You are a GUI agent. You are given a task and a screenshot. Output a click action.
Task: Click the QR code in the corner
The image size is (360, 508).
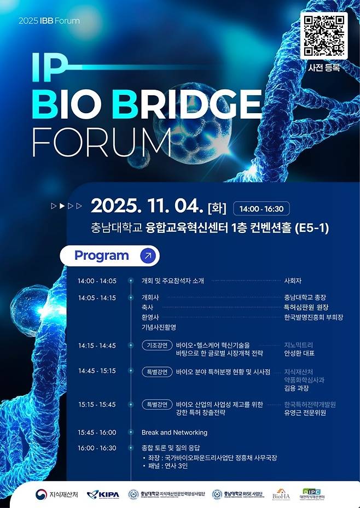(324, 35)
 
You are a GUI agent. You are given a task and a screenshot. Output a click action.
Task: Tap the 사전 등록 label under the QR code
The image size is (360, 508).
(324, 68)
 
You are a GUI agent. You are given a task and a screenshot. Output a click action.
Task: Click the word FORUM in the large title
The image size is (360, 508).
(101, 142)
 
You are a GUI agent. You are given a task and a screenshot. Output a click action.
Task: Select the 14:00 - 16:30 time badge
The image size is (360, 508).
(262, 208)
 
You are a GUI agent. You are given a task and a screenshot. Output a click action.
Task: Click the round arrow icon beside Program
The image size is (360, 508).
(148, 255)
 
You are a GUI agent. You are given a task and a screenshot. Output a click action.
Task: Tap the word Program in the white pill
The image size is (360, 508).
(102, 255)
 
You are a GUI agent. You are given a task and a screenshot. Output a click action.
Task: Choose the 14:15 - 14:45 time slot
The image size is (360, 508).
(97, 346)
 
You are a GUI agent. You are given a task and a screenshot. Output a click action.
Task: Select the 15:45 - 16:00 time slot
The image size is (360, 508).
(97, 433)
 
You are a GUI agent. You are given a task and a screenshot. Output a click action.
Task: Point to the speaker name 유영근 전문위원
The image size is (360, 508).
(305, 413)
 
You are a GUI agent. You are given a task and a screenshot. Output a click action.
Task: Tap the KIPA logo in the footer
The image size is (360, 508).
(103, 494)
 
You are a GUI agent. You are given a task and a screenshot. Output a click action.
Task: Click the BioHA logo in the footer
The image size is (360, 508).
(281, 494)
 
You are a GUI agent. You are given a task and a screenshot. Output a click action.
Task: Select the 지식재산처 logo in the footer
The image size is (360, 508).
(57, 494)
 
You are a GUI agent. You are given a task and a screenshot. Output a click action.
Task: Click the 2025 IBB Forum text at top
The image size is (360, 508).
(49, 21)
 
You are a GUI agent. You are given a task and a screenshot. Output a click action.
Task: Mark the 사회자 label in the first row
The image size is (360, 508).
(293, 281)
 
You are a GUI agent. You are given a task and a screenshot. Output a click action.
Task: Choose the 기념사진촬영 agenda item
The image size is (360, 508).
(159, 327)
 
